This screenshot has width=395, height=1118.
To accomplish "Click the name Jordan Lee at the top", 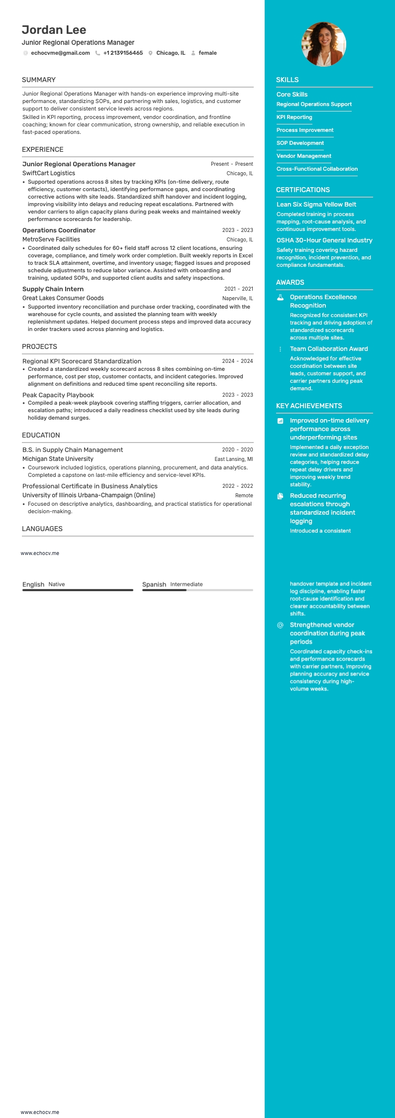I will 54,30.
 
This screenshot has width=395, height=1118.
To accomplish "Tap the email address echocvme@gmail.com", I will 60,53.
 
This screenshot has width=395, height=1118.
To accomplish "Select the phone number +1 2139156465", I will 123,53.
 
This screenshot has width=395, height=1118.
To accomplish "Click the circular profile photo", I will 323,44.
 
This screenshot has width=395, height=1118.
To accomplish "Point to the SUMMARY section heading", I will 39,80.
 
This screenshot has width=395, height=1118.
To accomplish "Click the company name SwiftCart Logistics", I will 49,173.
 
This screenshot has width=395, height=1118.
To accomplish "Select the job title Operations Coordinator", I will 59,230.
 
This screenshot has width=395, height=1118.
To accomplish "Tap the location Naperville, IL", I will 237,298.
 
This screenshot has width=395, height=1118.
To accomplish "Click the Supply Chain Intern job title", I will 53,289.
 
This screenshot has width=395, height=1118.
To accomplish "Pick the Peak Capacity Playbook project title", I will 58,395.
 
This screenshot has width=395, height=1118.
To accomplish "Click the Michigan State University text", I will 58,459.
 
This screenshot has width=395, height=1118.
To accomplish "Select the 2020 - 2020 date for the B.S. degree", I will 237,449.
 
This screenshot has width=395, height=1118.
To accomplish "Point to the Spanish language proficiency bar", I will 197,590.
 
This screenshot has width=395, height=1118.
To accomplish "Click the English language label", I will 33,584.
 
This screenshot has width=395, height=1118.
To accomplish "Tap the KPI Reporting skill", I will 294,117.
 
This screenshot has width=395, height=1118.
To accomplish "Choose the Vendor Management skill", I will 303,156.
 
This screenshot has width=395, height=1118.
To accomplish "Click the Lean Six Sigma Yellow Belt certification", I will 316,205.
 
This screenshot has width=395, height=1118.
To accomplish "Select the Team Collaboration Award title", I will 329,349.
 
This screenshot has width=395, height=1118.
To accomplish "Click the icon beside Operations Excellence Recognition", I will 280,297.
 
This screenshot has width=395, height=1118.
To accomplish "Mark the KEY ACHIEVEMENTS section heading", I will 309,406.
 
